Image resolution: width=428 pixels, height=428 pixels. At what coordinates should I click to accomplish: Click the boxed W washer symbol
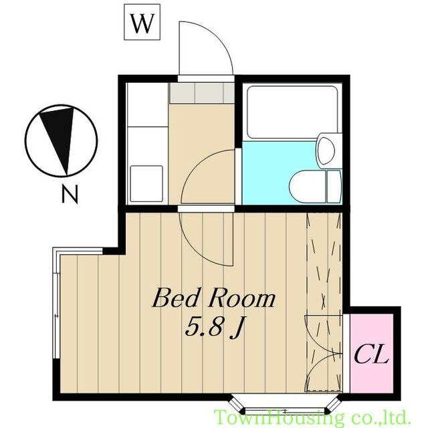click(142, 22)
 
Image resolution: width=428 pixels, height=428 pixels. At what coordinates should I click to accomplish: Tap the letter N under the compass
click(70, 194)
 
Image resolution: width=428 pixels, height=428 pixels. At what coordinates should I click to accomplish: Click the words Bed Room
click(213, 299)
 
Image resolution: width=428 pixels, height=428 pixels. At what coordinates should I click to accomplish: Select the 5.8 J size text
click(214, 327)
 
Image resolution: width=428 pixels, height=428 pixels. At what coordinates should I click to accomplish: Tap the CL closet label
click(371, 354)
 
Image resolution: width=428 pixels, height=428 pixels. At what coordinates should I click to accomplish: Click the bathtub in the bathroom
click(292, 112)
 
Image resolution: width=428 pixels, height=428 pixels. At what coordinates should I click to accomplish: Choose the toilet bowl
click(308, 187)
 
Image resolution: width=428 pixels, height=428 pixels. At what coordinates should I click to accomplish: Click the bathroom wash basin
click(327, 150)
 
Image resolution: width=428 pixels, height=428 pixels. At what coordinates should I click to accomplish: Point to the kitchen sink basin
click(146, 183)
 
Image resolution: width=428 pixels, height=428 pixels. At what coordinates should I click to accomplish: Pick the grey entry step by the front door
click(202, 93)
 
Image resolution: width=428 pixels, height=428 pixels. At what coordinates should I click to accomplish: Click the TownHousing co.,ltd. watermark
click(312, 417)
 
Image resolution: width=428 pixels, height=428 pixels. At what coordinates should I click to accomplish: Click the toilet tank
click(334, 187)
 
